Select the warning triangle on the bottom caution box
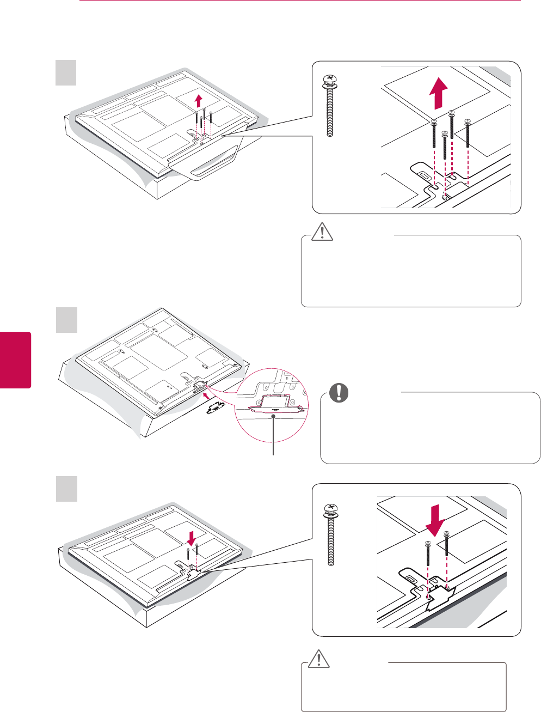coord(318,659)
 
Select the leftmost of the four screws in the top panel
coord(434,139)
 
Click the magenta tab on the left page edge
coord(16,360)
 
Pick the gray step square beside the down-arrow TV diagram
coord(66,489)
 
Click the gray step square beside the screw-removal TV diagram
coord(66,72)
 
